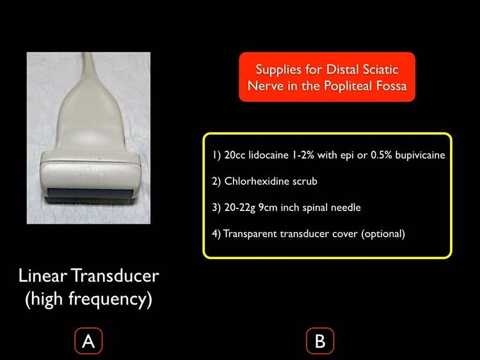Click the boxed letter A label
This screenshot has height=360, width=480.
pos(88,341)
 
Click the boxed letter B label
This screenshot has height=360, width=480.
pos(319,341)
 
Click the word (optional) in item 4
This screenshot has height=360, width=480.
pos(383,233)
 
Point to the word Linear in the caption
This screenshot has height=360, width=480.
pos(43,276)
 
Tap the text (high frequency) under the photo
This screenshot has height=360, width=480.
pos(88,299)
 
